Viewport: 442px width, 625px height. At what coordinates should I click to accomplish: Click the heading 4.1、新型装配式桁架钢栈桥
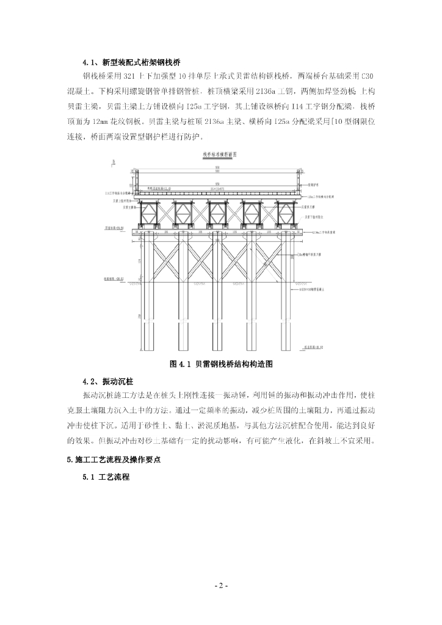pos(131,62)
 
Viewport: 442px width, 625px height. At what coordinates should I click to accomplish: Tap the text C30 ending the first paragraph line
pos(364,76)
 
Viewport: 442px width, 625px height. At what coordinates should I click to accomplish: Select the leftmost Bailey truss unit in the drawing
pos(150,213)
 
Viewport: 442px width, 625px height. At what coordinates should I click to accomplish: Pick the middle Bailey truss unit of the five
pos(219,213)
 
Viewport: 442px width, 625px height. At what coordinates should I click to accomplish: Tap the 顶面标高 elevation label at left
pos(114,228)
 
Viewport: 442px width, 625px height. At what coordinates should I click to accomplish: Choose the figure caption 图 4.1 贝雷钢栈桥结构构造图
pos(220,364)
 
